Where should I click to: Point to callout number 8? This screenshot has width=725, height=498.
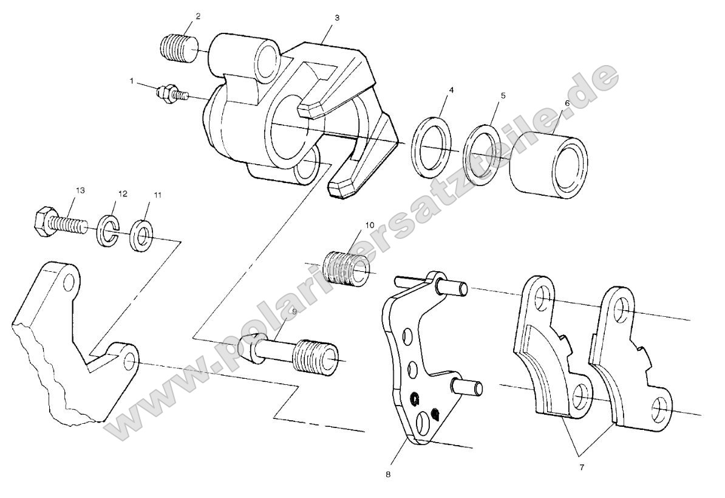pyautogui.click(x=387, y=474)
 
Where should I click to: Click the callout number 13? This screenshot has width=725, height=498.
pyautogui.click(x=80, y=190)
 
